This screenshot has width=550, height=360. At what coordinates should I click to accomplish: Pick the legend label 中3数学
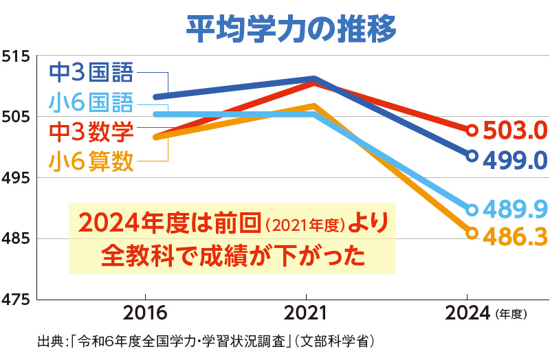(91, 131)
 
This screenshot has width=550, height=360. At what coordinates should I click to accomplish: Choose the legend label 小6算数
(91, 162)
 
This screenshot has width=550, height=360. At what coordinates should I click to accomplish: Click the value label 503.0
(514, 130)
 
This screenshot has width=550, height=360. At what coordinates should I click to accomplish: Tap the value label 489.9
(514, 207)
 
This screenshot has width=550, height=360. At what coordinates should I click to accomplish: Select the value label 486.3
(514, 235)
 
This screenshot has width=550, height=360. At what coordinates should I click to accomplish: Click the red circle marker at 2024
(472, 130)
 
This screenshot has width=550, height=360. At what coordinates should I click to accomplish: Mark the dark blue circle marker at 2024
(472, 156)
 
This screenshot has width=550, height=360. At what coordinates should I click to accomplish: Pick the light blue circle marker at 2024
(472, 209)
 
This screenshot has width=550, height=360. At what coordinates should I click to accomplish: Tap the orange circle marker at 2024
(472, 233)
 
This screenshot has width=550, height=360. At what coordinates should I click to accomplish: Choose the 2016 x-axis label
(145, 314)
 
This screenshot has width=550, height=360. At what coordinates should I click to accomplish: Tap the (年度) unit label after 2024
(510, 315)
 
